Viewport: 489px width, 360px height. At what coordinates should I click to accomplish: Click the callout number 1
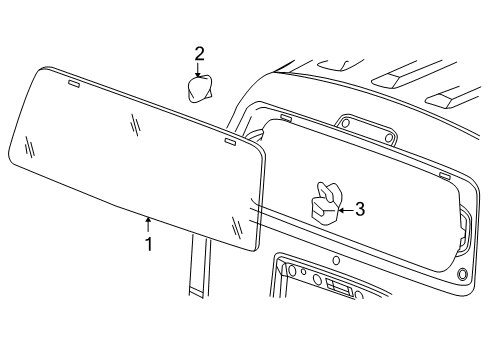pos(148,242)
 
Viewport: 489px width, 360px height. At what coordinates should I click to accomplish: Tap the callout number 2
pos(199,54)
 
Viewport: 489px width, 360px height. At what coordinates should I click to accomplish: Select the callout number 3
pos(360,209)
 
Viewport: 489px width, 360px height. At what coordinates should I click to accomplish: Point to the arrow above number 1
pos(148,223)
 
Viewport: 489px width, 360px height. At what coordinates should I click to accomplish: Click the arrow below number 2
pos(199,70)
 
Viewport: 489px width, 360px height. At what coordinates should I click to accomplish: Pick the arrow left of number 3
pos(344,209)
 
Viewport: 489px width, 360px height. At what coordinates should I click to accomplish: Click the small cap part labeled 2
pos(201,90)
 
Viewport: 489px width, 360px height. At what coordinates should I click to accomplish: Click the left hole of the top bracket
pos(347,125)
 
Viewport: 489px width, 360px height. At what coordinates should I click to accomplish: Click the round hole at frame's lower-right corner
pos(462,274)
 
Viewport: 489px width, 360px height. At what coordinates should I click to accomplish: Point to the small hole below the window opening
pos(336,261)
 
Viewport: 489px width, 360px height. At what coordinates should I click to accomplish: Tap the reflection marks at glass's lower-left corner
pos(31,147)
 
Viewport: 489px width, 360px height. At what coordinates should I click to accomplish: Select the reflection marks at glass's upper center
pos(135,124)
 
